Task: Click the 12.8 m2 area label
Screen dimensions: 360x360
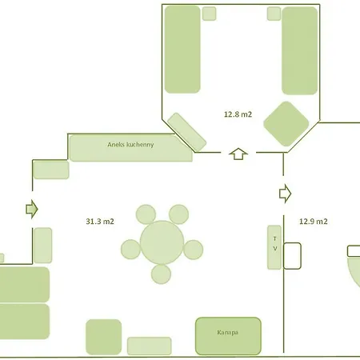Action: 238,114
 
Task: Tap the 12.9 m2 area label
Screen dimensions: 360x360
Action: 314,221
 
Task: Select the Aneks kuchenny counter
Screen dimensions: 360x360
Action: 130,147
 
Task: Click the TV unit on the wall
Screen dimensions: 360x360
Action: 274,246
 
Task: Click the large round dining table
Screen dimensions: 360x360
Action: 162,241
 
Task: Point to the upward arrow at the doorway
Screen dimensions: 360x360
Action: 238,153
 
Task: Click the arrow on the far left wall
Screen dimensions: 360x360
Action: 31,210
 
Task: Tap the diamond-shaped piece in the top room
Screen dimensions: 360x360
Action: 286,123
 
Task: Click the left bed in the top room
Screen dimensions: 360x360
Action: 182,50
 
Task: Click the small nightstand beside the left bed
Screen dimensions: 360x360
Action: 209,13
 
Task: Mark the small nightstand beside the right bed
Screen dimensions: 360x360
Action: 274,13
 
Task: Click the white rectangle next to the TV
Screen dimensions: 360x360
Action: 292,255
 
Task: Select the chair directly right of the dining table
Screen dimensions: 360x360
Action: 194,249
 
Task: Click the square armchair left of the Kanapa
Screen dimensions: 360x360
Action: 103,336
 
